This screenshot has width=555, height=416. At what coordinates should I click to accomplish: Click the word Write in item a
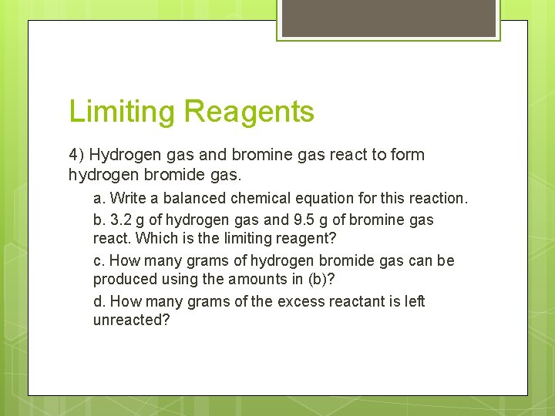128,199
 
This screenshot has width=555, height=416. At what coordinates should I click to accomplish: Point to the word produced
125,279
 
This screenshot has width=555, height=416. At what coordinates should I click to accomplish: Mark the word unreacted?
131,320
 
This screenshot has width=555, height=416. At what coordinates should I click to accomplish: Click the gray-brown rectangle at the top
388,17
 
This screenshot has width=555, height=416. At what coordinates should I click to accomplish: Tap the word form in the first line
407,155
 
